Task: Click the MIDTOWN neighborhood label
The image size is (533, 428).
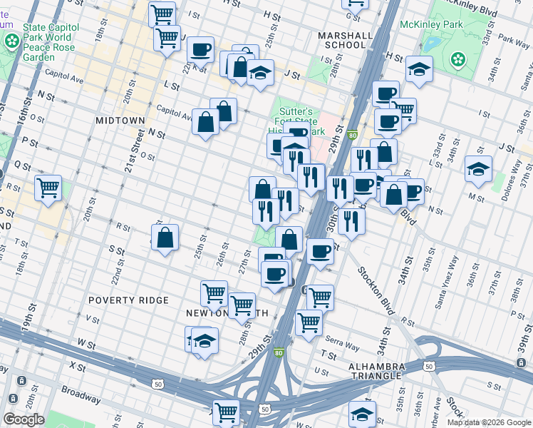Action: pos(120,121)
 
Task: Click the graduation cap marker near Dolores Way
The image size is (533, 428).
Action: pos(477,170)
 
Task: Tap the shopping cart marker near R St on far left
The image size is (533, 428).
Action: pos(48,189)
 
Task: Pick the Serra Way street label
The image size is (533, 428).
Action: pos(342,346)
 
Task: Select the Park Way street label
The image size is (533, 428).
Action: pos(514,41)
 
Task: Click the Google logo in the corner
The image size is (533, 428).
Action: pos(24,419)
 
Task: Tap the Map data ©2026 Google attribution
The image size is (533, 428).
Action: pos(489,422)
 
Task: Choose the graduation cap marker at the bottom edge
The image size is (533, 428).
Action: pos(362,414)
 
